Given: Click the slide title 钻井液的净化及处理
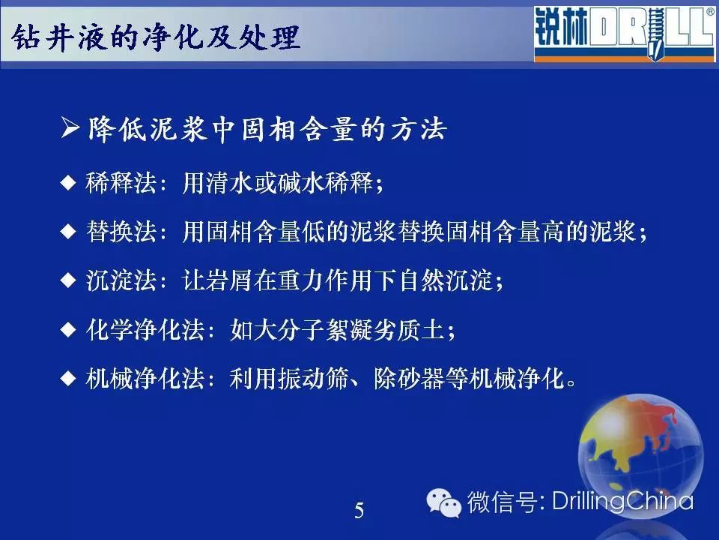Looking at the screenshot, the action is (x=156, y=37).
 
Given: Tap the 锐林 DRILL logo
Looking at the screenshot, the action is (x=624, y=34).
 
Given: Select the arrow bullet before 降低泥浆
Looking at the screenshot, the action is (x=70, y=127).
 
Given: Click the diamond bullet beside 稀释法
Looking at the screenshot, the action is (x=68, y=183).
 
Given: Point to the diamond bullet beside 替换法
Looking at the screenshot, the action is (x=68, y=231).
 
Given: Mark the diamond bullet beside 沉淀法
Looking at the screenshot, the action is (x=68, y=280).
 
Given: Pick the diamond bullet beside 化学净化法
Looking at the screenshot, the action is (x=68, y=329).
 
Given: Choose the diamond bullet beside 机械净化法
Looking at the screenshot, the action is (x=68, y=378).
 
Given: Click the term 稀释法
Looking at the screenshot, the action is (x=121, y=183).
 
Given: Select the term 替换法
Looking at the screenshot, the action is (x=121, y=231).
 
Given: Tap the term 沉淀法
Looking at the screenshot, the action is (x=121, y=280).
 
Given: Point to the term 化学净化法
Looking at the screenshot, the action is (x=145, y=329).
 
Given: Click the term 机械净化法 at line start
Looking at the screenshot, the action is (x=145, y=378).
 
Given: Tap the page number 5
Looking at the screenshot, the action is (x=359, y=510).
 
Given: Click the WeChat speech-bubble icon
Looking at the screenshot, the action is (x=443, y=502).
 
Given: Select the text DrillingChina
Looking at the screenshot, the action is (x=622, y=500).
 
